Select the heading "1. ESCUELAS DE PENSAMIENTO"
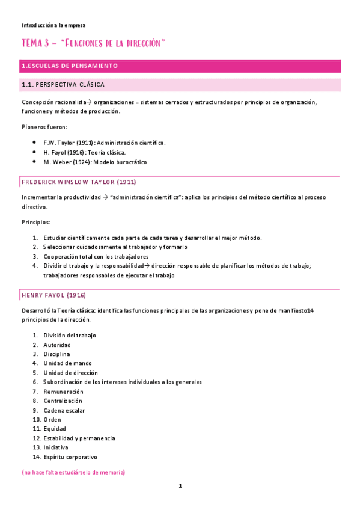click(x=70, y=66)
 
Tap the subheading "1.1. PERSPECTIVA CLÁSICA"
click(x=63, y=85)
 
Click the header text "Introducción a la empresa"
click(x=53, y=25)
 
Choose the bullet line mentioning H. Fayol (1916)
click(x=84, y=152)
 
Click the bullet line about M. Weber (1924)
click(x=95, y=162)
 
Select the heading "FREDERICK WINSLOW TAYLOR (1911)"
click(x=79, y=182)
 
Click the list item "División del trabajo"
click(x=70, y=335)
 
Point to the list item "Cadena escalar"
click(x=64, y=410)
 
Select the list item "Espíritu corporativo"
click(x=70, y=457)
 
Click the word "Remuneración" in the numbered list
click(x=63, y=392)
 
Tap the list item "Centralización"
click(x=63, y=401)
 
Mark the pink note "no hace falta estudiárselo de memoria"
click(x=73, y=473)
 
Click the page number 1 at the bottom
click(x=180, y=486)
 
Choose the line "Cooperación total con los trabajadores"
click(x=96, y=256)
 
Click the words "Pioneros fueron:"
click(x=44, y=127)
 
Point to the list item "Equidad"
click(x=54, y=429)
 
